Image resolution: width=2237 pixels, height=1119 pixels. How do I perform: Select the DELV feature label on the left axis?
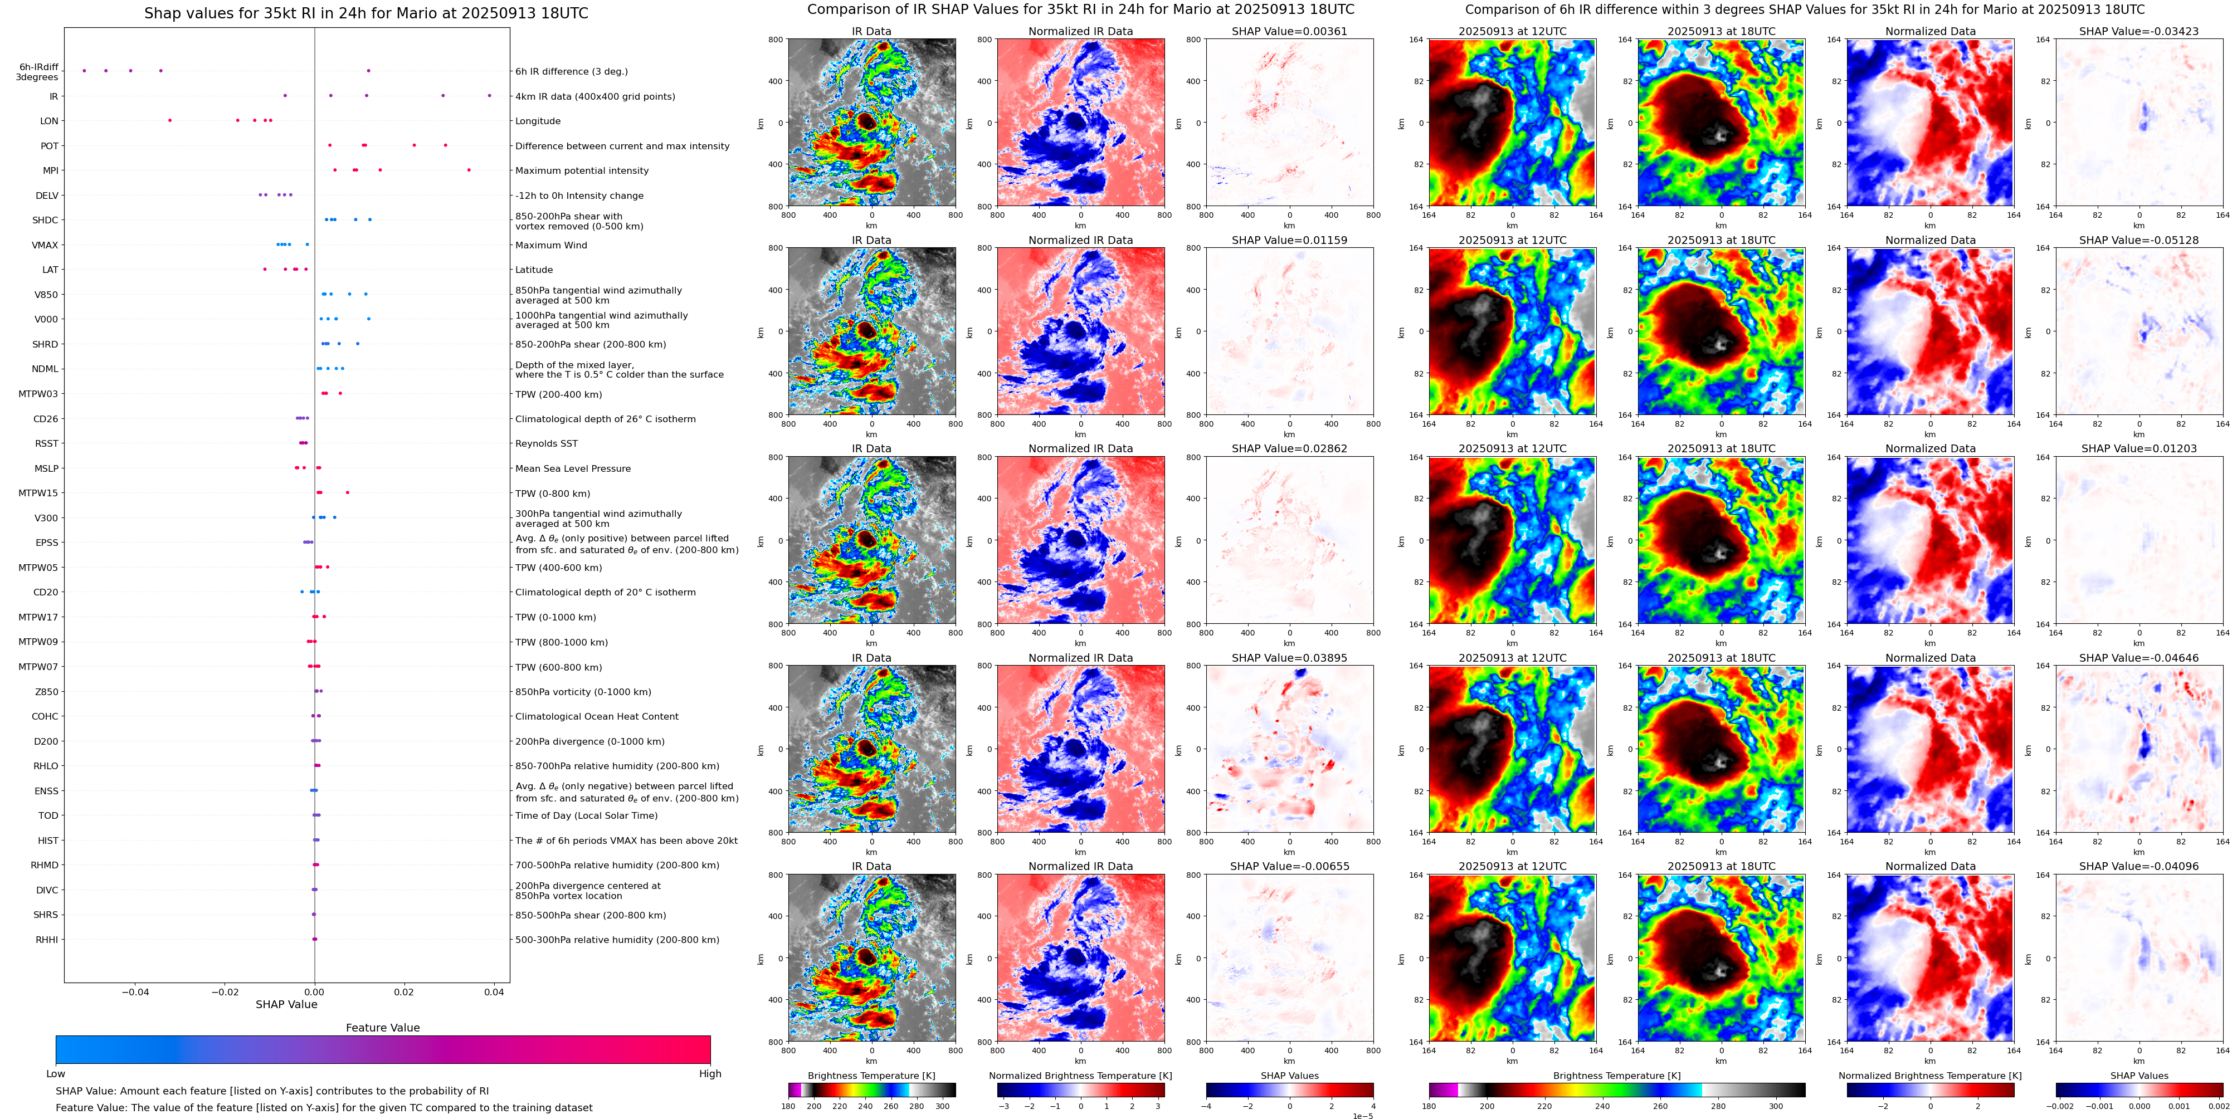(x=47, y=196)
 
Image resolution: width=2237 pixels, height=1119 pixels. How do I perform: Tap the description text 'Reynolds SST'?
(x=545, y=443)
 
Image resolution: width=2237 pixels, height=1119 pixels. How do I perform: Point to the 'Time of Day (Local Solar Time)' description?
(x=586, y=816)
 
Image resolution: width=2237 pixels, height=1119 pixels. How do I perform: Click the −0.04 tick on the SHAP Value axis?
(x=135, y=991)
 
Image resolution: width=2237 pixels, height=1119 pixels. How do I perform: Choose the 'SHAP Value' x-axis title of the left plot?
(x=286, y=1004)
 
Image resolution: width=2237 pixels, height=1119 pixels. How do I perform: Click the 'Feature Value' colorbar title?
(x=382, y=1028)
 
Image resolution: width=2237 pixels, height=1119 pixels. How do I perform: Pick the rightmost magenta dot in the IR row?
(x=490, y=95)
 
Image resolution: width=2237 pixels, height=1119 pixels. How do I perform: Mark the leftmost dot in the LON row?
(x=169, y=121)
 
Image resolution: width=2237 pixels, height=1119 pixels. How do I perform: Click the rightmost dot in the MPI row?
(x=469, y=170)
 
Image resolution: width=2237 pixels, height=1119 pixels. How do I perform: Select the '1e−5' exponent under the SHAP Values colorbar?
(x=1362, y=1116)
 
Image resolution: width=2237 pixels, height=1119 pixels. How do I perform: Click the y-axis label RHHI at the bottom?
(x=47, y=940)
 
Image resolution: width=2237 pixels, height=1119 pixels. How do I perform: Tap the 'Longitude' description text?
(x=538, y=121)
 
